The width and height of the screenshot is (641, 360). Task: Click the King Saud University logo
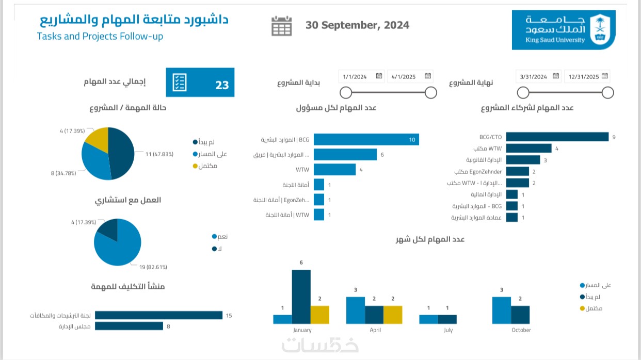pos(563,30)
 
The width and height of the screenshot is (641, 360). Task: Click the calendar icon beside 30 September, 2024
pos(282,26)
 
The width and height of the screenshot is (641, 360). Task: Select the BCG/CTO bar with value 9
pos(557,137)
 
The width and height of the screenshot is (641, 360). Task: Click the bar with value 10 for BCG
pos(366,139)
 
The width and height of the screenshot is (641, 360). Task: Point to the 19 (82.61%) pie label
pos(153,267)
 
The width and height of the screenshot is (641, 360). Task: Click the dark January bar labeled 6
pos(301,297)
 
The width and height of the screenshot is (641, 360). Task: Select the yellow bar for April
pos(392,315)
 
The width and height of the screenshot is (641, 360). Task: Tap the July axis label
pos(448,330)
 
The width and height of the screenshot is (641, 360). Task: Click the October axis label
pos(521,330)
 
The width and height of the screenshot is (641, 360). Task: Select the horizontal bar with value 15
pos(158,315)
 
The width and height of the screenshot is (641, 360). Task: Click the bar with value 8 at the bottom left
pos(129,326)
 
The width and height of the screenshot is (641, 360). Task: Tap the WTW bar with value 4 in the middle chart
pos(334,169)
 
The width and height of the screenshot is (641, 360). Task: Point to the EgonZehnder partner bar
pos(517,171)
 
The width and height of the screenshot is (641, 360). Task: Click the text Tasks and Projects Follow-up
pos(100,37)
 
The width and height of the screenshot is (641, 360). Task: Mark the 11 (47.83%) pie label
pos(159,154)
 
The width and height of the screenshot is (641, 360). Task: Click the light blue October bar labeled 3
pos(502,310)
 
